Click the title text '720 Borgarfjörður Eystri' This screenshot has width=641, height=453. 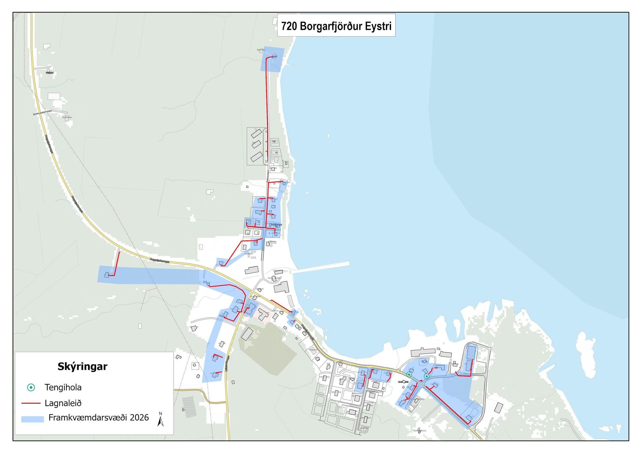[x=336, y=26]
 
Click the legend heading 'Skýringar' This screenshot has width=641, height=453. [x=82, y=366]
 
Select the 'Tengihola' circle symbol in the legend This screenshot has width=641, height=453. [x=31, y=388]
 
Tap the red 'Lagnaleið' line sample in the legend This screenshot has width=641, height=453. [x=31, y=403]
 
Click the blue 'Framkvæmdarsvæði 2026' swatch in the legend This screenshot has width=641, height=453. [x=32, y=419]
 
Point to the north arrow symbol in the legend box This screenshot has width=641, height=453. [x=161, y=419]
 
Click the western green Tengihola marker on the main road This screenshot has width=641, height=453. [x=409, y=374]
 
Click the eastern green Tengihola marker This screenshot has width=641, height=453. [x=427, y=376]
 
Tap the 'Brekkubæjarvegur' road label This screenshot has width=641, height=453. [x=42, y=112]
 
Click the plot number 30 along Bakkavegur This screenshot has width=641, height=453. [x=274, y=142]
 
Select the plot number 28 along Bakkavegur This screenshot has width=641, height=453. [x=276, y=152]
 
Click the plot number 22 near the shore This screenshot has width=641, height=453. [x=274, y=184]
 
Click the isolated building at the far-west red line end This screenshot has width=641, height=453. [x=106, y=275]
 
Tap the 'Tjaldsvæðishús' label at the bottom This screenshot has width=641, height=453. [x=420, y=431]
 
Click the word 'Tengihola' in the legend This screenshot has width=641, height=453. [x=63, y=388]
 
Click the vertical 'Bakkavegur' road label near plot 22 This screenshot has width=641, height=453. [x=268, y=176]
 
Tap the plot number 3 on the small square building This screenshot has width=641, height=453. [x=257, y=233]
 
